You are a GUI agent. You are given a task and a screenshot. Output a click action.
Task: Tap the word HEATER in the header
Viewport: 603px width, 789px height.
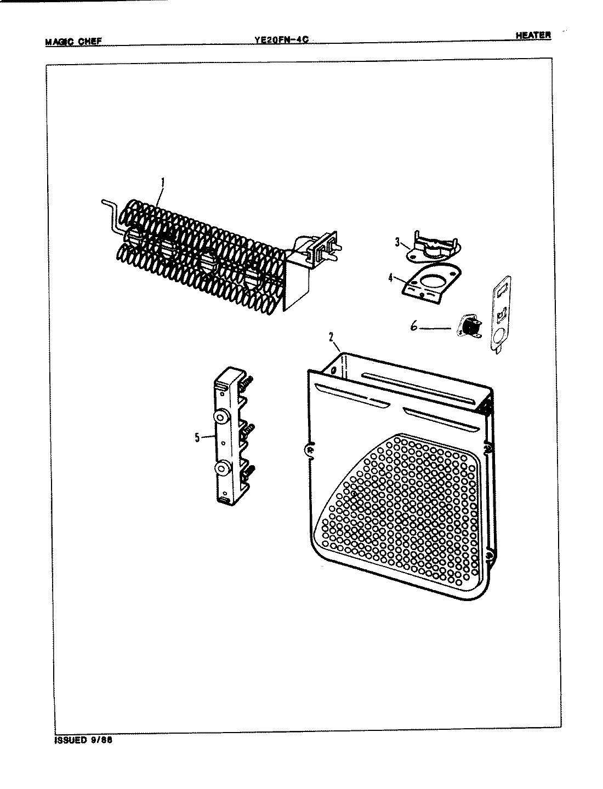533,36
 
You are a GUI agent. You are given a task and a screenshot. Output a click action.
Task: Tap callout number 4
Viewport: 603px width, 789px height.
390,278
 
